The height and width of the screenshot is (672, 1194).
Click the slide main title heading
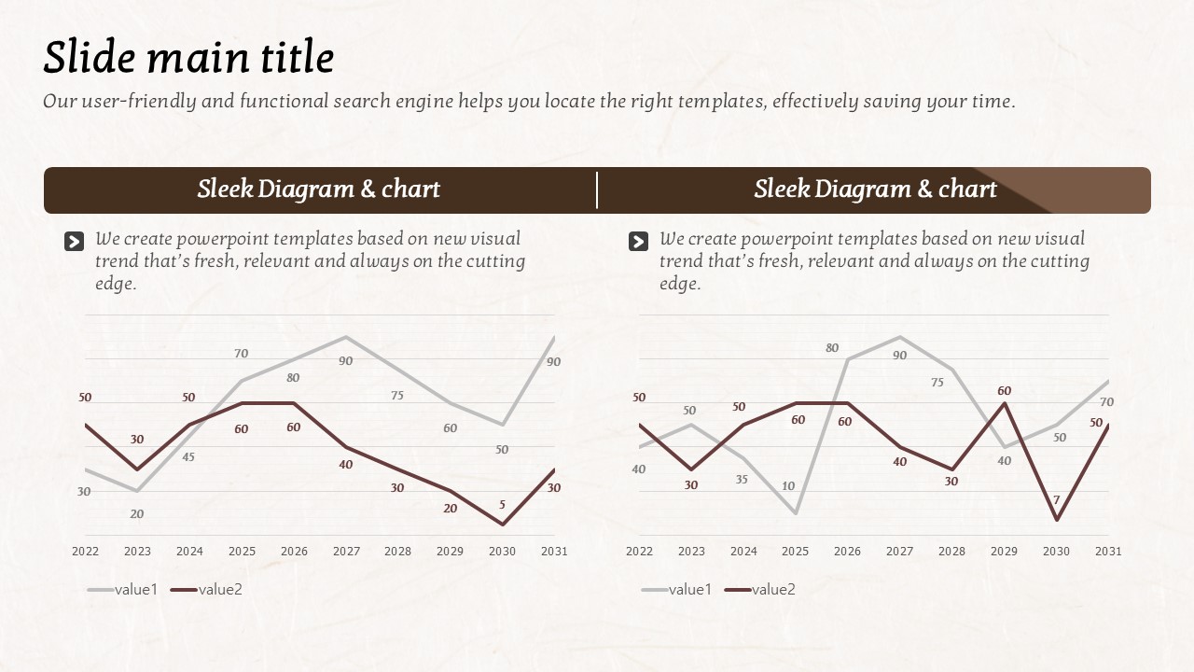tap(188, 58)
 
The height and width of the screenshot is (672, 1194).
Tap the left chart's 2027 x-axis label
tap(346, 552)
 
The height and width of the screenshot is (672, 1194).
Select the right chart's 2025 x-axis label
tap(796, 552)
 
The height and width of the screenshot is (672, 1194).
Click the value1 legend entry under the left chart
tap(123, 589)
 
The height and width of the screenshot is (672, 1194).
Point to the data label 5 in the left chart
tap(502, 505)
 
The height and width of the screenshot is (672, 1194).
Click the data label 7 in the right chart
tap(1057, 499)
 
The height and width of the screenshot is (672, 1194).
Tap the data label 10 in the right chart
tap(788, 486)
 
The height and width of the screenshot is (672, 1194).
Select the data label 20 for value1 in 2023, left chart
tap(137, 513)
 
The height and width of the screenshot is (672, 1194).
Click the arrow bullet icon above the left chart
tap(74, 242)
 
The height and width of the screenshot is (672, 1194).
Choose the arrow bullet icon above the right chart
tap(638, 242)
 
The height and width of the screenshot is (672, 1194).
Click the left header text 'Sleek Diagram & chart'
tap(318, 189)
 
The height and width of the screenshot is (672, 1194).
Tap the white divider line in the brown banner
tap(597, 190)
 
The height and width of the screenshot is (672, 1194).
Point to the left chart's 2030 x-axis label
tap(502, 552)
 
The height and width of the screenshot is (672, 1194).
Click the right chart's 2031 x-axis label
tap(1108, 552)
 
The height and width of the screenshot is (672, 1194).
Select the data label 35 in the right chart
tap(742, 480)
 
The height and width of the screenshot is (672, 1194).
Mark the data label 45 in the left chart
tap(188, 457)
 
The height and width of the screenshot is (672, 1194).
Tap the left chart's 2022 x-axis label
tap(85, 552)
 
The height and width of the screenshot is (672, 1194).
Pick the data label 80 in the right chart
tap(832, 348)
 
